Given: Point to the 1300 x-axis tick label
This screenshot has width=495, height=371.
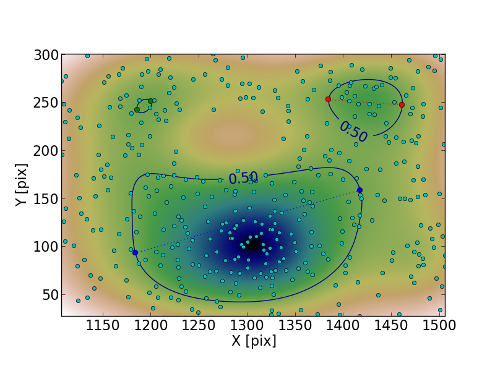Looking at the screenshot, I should (x=247, y=326).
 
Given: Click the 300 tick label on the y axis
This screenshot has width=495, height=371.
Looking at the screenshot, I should (x=44, y=56).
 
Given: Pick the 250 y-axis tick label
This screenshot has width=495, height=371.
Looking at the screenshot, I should (x=44, y=103).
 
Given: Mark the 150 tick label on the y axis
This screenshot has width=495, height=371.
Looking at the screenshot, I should (x=44, y=199).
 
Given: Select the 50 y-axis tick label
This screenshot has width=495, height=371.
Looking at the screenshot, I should (x=48, y=295).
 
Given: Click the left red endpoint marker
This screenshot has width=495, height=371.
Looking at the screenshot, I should (x=328, y=99).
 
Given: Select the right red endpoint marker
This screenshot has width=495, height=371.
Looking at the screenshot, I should (x=402, y=104).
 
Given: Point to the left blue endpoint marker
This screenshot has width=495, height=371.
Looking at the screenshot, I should (x=135, y=252).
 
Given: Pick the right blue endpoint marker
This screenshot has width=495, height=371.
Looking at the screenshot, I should (x=359, y=190).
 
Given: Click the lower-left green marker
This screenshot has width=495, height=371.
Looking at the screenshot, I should (x=137, y=110).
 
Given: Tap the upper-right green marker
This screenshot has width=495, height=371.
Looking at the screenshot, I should (x=150, y=101).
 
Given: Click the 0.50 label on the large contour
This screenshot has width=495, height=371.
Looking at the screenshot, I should (x=243, y=177).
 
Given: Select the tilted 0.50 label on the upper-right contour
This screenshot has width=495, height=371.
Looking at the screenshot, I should (x=353, y=132).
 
